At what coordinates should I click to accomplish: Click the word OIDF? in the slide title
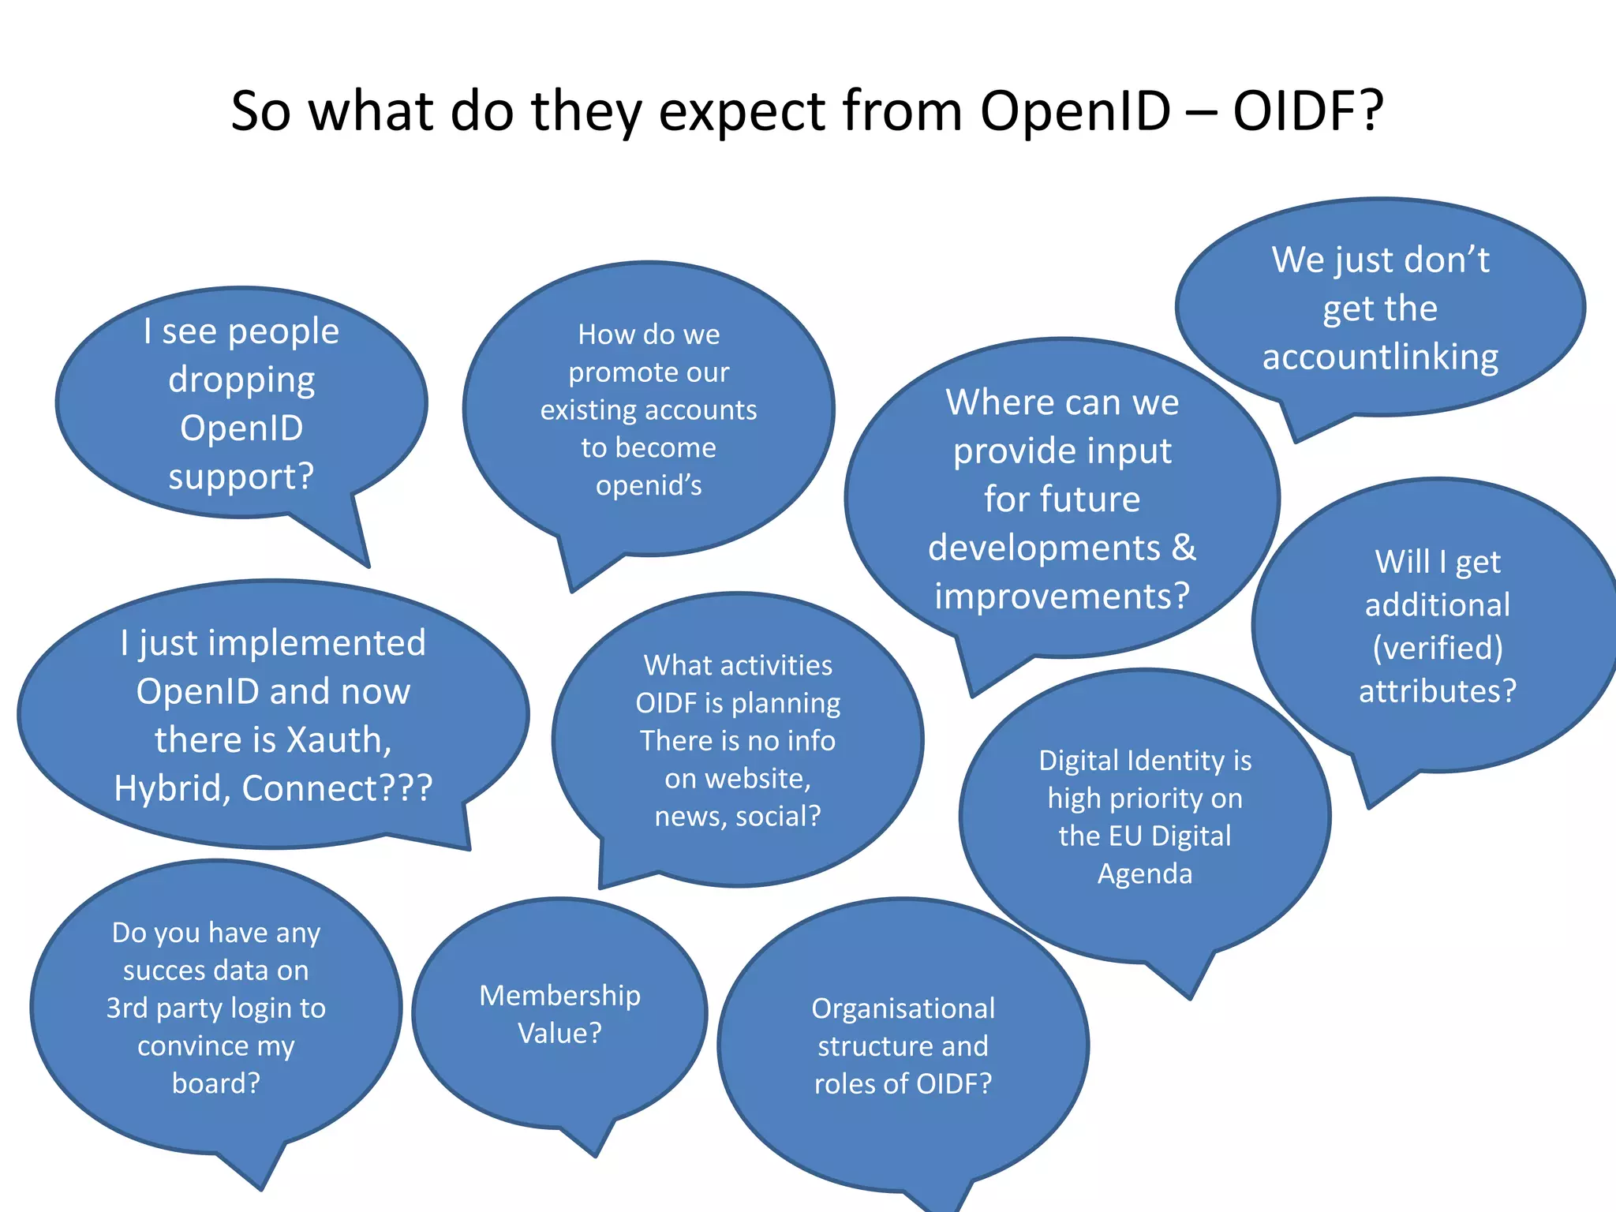coord(1307,110)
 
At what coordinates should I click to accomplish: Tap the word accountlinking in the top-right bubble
coord(1380,357)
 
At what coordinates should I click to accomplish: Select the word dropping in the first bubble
coord(241,380)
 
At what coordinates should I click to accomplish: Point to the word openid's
coord(649,485)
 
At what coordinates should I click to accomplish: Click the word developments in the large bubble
coord(1044,548)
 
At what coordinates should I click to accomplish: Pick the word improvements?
coord(1062,596)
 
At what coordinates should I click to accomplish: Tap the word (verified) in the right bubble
coord(1438,648)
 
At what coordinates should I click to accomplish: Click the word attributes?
coord(1438,691)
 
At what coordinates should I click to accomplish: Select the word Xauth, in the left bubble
coord(339,740)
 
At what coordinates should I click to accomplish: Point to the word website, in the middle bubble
coord(738,779)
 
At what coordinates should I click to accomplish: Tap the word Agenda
coord(1145,873)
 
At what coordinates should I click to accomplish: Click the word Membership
coord(559,996)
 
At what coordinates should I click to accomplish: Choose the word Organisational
coord(903,1008)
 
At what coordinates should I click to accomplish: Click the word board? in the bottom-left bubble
coord(215,1083)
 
